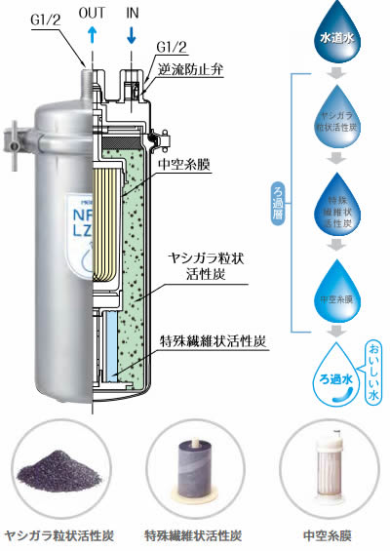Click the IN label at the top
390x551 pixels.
coord(133,13)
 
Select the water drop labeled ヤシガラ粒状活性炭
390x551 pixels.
coord(333,117)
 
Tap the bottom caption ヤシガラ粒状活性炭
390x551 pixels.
coord(59,535)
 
